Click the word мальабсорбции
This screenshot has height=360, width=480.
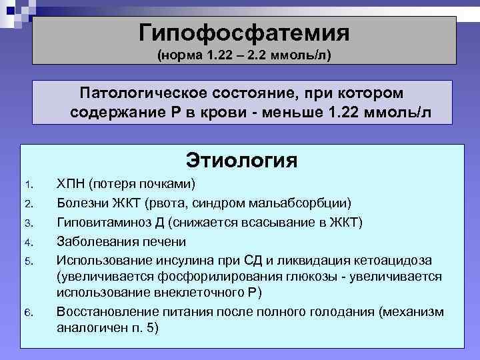coord(314,203)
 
